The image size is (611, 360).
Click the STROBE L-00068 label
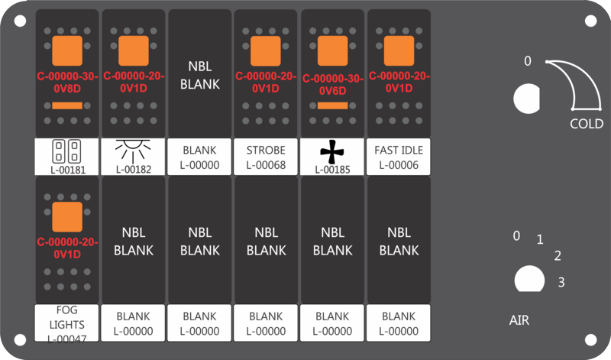click(266, 157)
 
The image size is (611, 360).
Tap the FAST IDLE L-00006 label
click(399, 157)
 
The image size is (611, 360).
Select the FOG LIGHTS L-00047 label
click(66, 324)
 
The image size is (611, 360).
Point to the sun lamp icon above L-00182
click(133, 151)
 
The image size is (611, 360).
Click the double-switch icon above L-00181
click(66, 151)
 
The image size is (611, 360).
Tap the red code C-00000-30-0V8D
click(67, 83)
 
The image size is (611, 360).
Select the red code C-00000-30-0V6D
click(333, 85)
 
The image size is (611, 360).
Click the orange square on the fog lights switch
click(67, 217)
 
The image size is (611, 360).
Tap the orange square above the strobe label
click(265, 51)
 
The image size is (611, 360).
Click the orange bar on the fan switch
click(332, 105)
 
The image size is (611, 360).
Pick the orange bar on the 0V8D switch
click(67, 105)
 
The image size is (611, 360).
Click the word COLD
click(587, 124)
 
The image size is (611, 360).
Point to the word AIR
click(519, 320)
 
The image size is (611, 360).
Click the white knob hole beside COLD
click(526, 99)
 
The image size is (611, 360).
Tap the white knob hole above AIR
click(529, 279)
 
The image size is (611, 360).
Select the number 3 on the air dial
click(561, 282)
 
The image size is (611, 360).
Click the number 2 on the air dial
click(558, 256)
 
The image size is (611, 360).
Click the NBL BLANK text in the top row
click(199, 75)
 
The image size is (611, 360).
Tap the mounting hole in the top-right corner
click(590, 21)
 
